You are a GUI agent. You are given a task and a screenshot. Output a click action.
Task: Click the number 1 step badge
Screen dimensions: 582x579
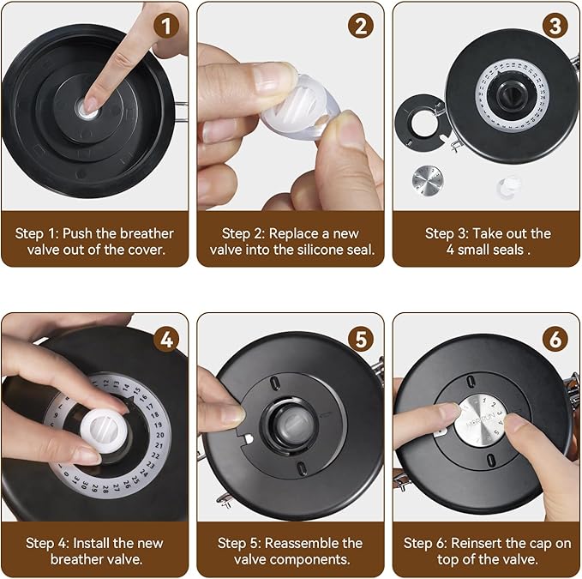(x=166, y=26)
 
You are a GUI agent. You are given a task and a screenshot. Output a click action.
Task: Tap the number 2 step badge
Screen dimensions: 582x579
(x=361, y=26)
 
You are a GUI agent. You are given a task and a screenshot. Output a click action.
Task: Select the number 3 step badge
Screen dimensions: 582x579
(x=555, y=26)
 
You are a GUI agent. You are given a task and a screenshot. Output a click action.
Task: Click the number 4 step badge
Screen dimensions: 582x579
(x=166, y=339)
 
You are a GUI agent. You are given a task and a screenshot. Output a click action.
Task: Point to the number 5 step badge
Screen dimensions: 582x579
(x=361, y=339)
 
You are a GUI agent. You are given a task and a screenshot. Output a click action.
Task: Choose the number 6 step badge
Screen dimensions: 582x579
(x=555, y=339)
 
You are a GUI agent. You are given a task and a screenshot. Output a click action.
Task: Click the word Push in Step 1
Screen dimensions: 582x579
(x=77, y=233)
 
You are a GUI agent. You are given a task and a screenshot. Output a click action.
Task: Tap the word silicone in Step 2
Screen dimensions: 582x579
(x=320, y=250)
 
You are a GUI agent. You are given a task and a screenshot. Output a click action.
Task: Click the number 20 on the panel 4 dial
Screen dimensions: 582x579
(x=160, y=435)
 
